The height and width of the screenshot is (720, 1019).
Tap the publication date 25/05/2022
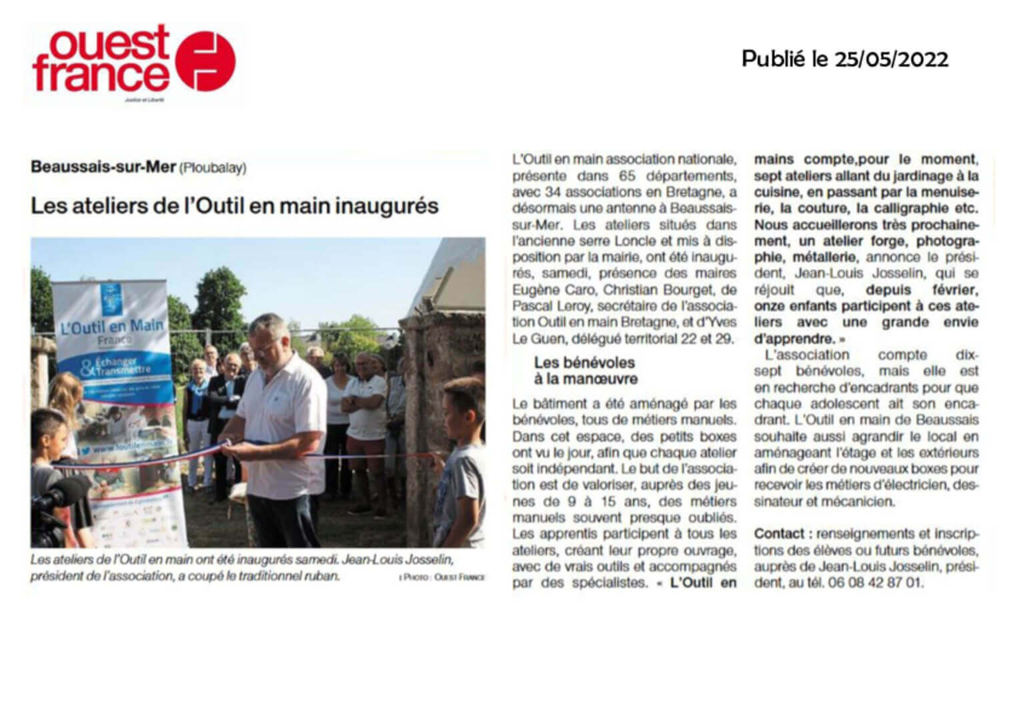890,59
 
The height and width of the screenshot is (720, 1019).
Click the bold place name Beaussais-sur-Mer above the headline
103,167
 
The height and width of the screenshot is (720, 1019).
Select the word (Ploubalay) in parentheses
213,167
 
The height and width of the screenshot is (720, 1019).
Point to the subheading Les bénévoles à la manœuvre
585,371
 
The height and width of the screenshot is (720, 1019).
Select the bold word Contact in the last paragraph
779,534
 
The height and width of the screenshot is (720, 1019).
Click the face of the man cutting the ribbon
265,341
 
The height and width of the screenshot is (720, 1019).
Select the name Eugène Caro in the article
546,290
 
